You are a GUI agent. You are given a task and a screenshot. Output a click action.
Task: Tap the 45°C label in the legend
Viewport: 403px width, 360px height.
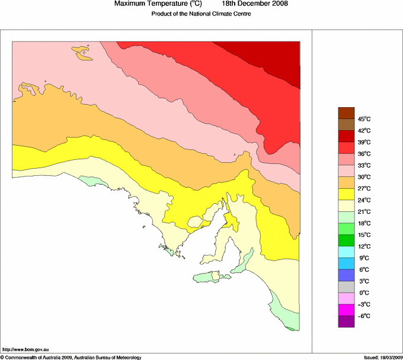364,119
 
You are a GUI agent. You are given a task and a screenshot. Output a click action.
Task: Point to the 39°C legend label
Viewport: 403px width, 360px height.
364,142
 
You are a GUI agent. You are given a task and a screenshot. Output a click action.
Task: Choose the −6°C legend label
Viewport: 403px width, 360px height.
364,316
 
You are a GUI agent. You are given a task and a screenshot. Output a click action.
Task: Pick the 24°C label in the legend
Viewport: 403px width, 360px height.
364,200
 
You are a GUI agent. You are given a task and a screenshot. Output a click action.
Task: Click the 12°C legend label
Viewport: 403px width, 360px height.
364,246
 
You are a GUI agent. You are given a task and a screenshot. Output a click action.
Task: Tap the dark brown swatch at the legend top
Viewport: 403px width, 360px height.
346,113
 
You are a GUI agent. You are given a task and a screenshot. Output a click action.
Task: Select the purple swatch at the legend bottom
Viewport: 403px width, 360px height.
346,322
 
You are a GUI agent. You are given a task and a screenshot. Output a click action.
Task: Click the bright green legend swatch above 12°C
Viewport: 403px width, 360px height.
346,240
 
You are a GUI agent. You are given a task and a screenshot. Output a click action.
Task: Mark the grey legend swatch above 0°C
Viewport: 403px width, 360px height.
346,287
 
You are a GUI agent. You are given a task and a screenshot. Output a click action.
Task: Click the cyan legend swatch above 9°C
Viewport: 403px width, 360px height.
346,252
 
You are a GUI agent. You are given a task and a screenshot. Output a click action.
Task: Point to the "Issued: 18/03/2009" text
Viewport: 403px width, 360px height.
383,357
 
